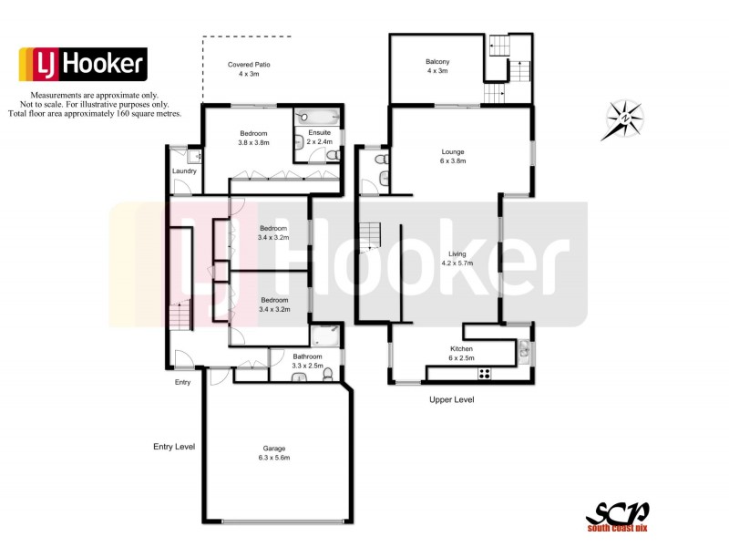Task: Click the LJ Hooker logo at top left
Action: (83, 64)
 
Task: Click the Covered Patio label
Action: (249, 70)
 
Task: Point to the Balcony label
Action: (436, 67)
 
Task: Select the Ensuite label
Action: (318, 137)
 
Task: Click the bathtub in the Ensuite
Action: (317, 117)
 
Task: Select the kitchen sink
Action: (525, 348)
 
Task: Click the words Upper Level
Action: (451, 399)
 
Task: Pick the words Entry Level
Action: (174, 447)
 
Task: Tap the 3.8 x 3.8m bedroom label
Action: (254, 137)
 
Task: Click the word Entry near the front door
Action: (182, 382)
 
